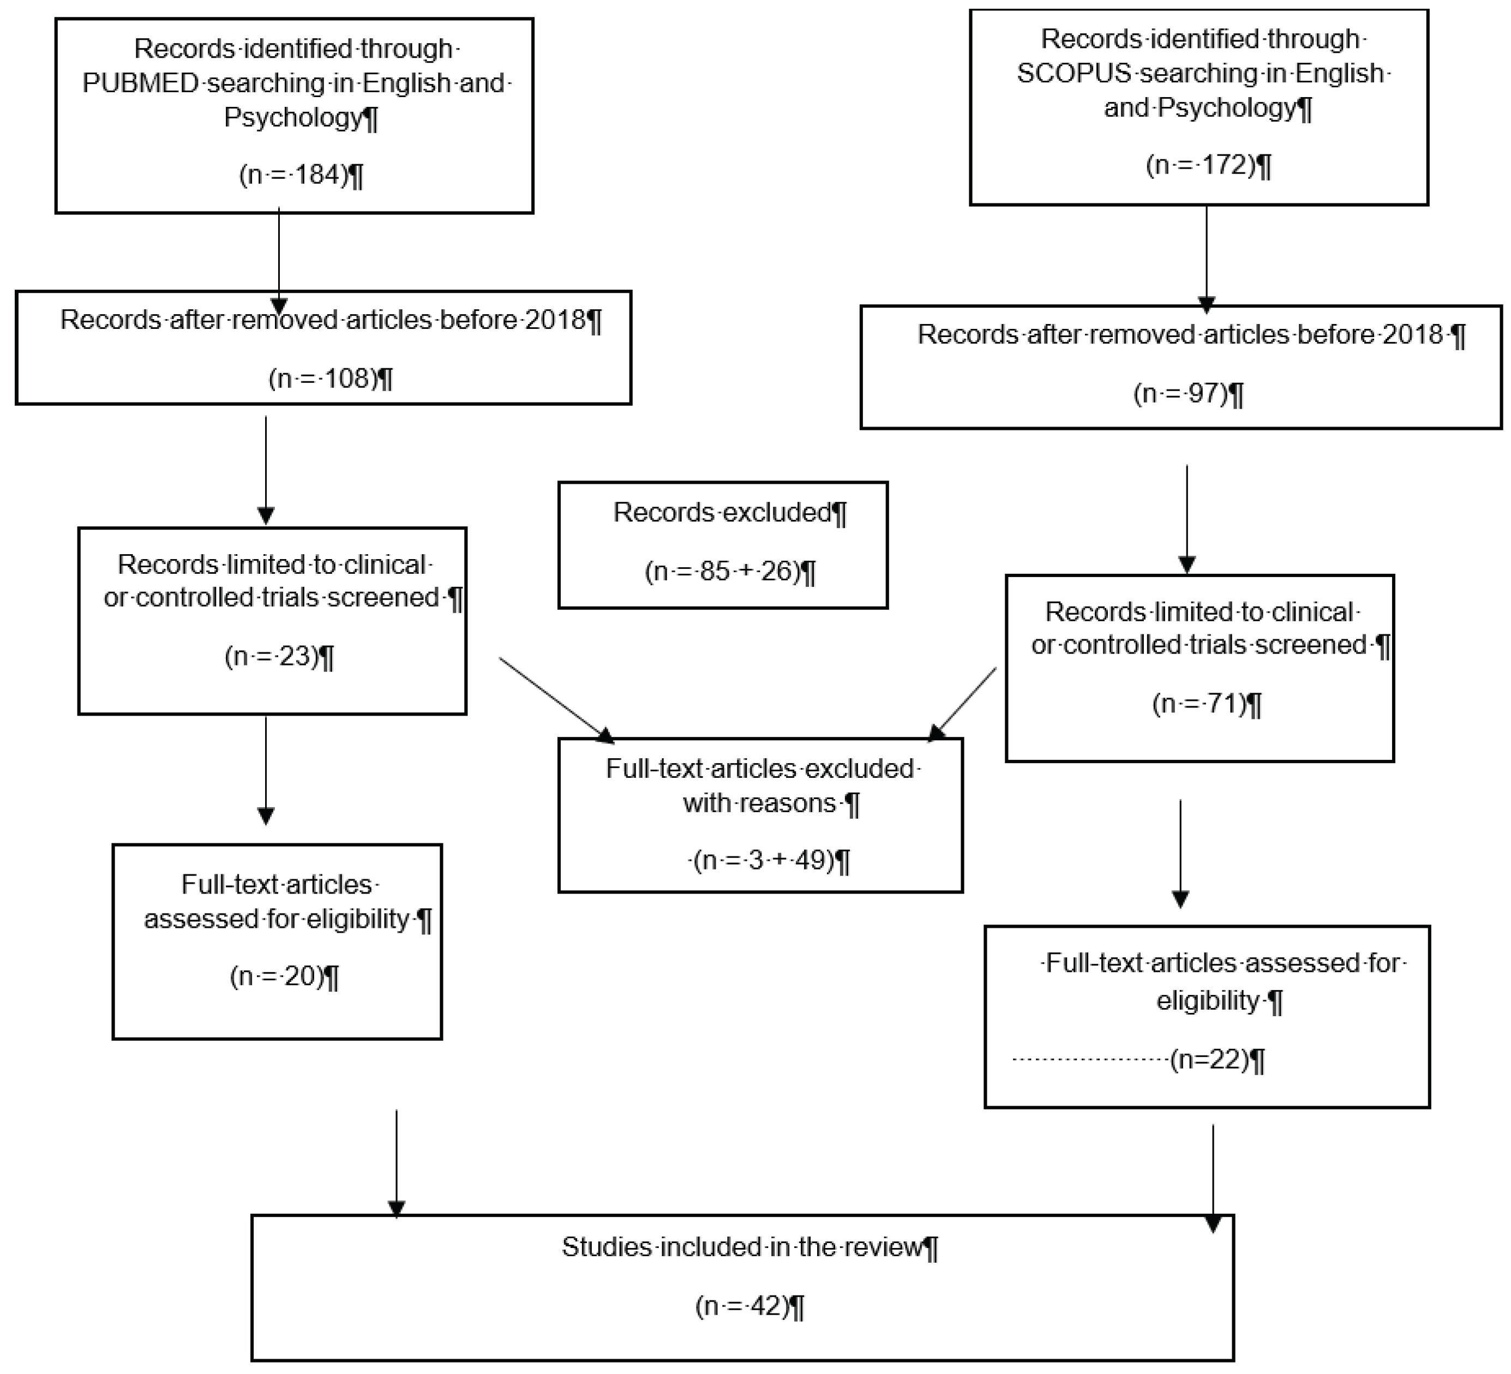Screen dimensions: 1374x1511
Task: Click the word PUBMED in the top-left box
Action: click(140, 82)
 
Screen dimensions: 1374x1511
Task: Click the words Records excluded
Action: click(723, 513)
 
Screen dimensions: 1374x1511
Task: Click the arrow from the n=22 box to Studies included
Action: click(1213, 1177)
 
